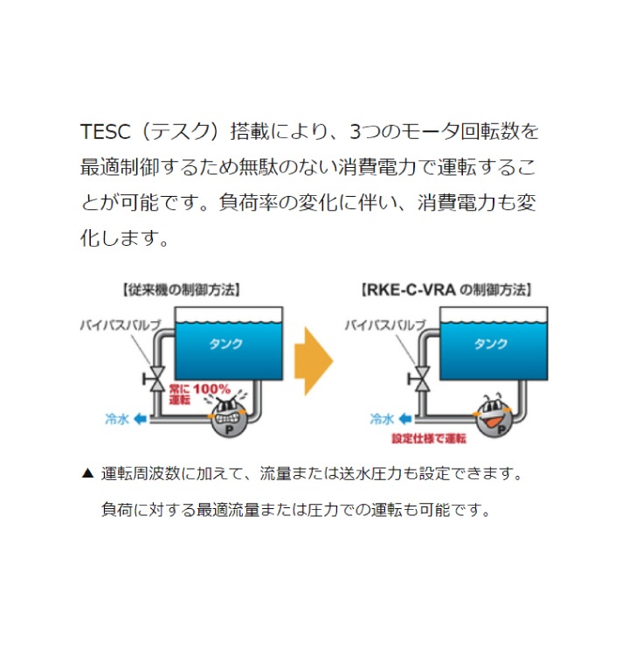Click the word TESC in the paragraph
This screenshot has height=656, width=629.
[106, 131]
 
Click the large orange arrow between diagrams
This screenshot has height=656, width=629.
[314, 361]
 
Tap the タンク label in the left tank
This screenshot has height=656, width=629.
[225, 344]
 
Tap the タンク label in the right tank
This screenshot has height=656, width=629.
[491, 344]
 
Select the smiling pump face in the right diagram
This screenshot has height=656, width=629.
[494, 415]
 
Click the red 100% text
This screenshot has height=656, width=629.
[212, 389]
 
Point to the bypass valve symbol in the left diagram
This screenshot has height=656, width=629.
[155, 379]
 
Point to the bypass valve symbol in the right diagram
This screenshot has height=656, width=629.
[420, 379]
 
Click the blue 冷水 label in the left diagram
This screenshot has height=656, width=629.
[117, 419]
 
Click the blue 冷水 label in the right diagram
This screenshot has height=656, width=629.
[382, 419]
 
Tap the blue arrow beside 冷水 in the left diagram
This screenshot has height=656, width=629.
[140, 419]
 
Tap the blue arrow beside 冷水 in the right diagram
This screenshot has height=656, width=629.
[405, 419]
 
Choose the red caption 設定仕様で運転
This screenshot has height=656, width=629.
[429, 438]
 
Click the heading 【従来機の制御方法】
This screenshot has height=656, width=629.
[181, 290]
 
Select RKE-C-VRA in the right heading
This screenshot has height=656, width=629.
[411, 290]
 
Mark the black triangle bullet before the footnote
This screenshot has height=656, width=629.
[87, 473]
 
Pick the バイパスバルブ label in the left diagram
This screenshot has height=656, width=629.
[121, 325]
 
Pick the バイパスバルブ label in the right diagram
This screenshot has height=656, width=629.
[385, 325]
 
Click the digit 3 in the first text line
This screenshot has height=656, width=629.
[356, 132]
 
